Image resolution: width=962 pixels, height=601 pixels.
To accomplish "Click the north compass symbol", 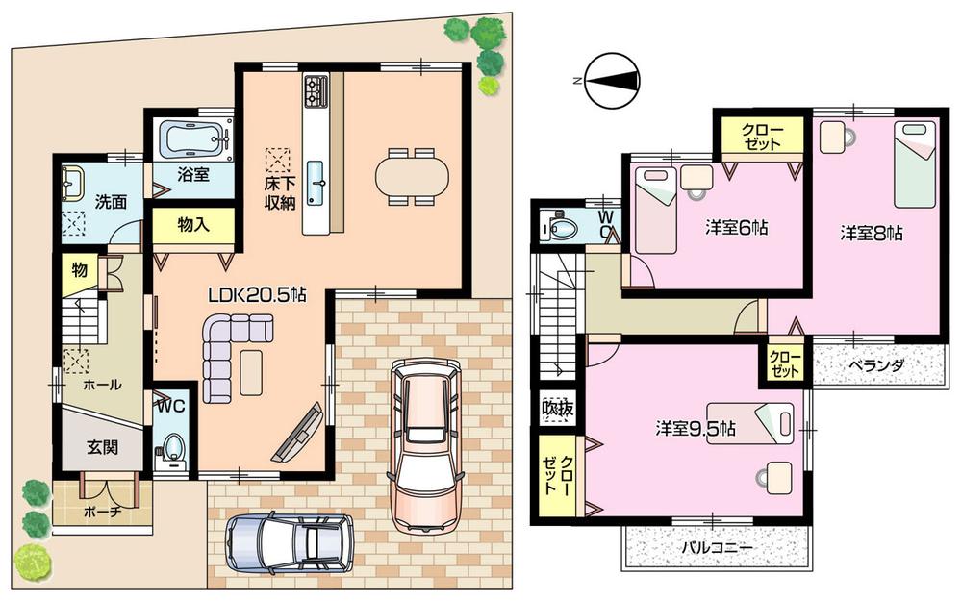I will [x=612, y=80].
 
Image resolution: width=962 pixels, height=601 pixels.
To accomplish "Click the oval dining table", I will [x=412, y=176].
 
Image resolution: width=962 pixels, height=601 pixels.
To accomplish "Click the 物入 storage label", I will [x=193, y=224].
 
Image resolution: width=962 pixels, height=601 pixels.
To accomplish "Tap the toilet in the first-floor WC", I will [x=173, y=447].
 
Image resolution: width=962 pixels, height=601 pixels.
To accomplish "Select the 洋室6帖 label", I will [x=735, y=229].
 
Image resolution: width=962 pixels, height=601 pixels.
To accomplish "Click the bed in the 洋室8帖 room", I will [x=915, y=163].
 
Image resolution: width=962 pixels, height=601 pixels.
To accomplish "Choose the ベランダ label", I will [x=874, y=365].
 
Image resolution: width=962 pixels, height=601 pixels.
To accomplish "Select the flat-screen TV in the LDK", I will [x=298, y=436].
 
